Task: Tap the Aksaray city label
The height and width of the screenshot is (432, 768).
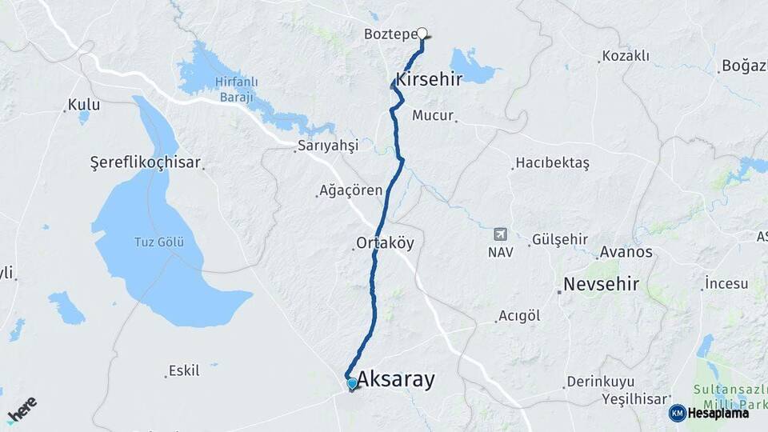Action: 396,380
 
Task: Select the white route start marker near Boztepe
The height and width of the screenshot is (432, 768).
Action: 422,34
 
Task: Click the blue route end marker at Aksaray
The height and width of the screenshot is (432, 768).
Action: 352,384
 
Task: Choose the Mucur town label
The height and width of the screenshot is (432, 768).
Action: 433,115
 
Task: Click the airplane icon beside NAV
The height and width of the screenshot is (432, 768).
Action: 501,234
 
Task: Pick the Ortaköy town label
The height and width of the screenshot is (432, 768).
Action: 386,243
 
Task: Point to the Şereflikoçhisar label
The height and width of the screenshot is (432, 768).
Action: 145,162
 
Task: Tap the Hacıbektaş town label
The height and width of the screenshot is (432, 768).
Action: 553,163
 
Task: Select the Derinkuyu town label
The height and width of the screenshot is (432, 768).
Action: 599,381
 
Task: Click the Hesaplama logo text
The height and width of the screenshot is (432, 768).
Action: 718,413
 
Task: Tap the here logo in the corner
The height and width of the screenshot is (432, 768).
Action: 22,410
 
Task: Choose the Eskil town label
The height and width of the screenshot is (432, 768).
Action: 184,371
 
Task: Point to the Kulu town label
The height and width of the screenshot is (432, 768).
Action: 84,105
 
